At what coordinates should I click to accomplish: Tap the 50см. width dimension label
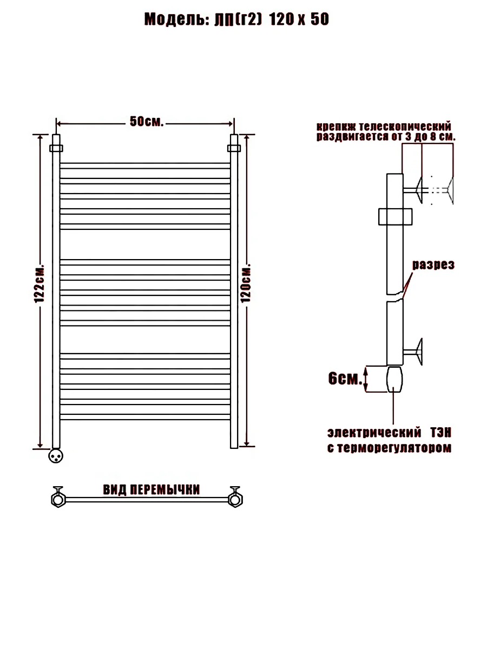pyautogui.click(x=147, y=121)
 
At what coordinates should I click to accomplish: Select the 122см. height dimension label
pyautogui.click(x=39, y=283)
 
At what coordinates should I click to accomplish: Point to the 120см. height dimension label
pyautogui.click(x=246, y=283)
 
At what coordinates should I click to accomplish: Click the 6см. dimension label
pyautogui.click(x=345, y=378)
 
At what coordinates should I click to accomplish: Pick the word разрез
pyautogui.click(x=433, y=264)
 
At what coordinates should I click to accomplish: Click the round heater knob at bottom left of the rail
pyautogui.click(x=56, y=455)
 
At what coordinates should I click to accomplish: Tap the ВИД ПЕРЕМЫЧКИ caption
pyautogui.click(x=152, y=490)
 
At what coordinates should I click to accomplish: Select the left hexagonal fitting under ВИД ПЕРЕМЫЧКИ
pyautogui.click(x=58, y=500)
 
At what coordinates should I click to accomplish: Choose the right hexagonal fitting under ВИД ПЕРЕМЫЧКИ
pyautogui.click(x=235, y=500)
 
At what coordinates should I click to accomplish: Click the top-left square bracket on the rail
pyautogui.click(x=56, y=148)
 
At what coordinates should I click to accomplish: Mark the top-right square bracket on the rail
pyautogui.click(x=234, y=148)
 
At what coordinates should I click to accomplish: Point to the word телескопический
pyautogui.click(x=405, y=127)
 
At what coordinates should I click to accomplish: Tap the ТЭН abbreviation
pyautogui.click(x=440, y=433)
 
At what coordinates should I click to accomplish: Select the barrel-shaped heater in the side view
pyautogui.click(x=394, y=379)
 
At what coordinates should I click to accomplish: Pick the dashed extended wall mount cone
pyautogui.click(x=450, y=191)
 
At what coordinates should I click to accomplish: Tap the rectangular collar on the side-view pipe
pyautogui.click(x=396, y=216)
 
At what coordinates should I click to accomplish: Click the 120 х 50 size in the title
pyautogui.click(x=299, y=19)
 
